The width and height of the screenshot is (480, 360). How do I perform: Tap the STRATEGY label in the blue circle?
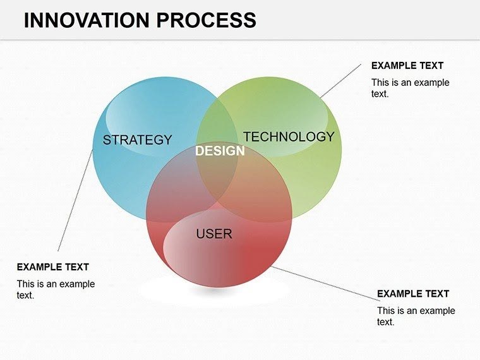[137, 140]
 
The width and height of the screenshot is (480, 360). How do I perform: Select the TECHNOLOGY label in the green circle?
[289, 136]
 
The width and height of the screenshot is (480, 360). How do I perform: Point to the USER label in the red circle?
[214, 234]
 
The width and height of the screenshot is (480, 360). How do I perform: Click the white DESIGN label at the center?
[219, 152]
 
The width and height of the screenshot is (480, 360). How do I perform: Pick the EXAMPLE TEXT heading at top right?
[407, 66]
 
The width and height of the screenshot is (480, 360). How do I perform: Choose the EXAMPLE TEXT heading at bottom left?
[52, 267]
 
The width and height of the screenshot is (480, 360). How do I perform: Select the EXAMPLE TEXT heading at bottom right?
[413, 294]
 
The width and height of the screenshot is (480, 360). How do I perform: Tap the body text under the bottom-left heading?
[56, 289]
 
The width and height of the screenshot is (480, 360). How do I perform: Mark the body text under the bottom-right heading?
[416, 316]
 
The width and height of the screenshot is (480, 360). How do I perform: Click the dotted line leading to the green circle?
[341, 80]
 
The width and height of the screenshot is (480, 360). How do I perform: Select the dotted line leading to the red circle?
[325, 282]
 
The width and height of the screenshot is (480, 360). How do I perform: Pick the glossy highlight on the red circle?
[189, 253]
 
